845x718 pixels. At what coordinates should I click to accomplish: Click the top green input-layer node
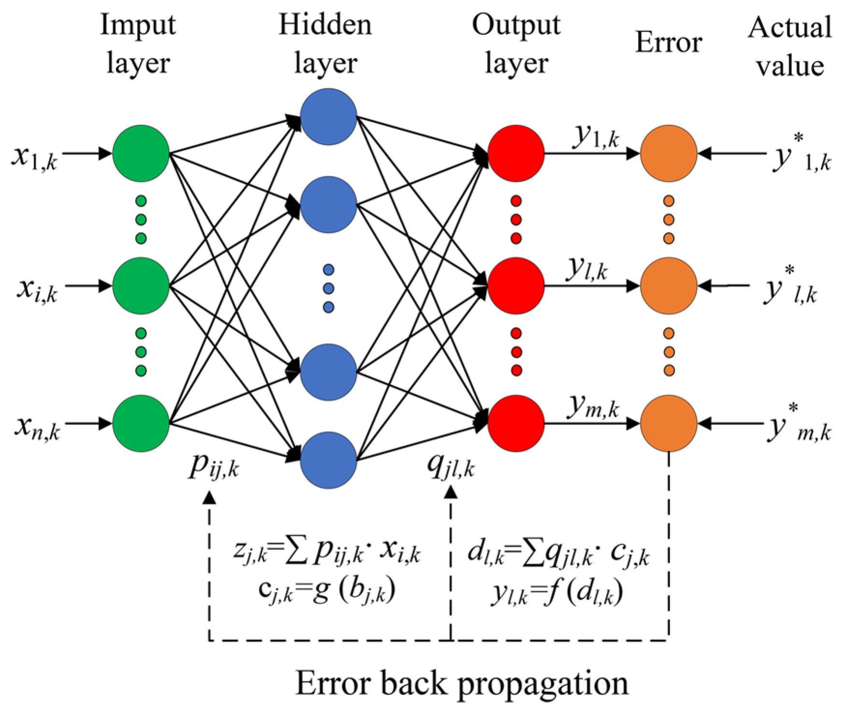141,154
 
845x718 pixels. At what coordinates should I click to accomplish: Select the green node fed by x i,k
141,286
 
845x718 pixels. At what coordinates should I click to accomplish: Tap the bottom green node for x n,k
141,424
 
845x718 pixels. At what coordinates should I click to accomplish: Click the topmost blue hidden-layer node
329,117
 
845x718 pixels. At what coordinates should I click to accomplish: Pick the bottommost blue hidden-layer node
329,460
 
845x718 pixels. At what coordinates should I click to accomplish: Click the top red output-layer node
516,154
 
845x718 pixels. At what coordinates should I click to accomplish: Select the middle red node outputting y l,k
516,286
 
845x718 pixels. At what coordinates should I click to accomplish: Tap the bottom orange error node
669,424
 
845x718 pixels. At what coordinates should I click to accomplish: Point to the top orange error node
669,154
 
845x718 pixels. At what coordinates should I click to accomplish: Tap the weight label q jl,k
451,466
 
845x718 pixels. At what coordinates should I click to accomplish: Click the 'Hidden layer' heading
326,44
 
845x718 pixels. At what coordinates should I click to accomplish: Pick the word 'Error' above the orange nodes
668,43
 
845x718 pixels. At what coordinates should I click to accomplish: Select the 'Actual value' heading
789,46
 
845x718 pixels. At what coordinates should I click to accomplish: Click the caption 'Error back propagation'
462,684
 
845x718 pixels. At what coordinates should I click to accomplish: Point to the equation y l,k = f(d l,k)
557,593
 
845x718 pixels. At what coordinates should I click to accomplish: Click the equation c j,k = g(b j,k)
327,591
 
